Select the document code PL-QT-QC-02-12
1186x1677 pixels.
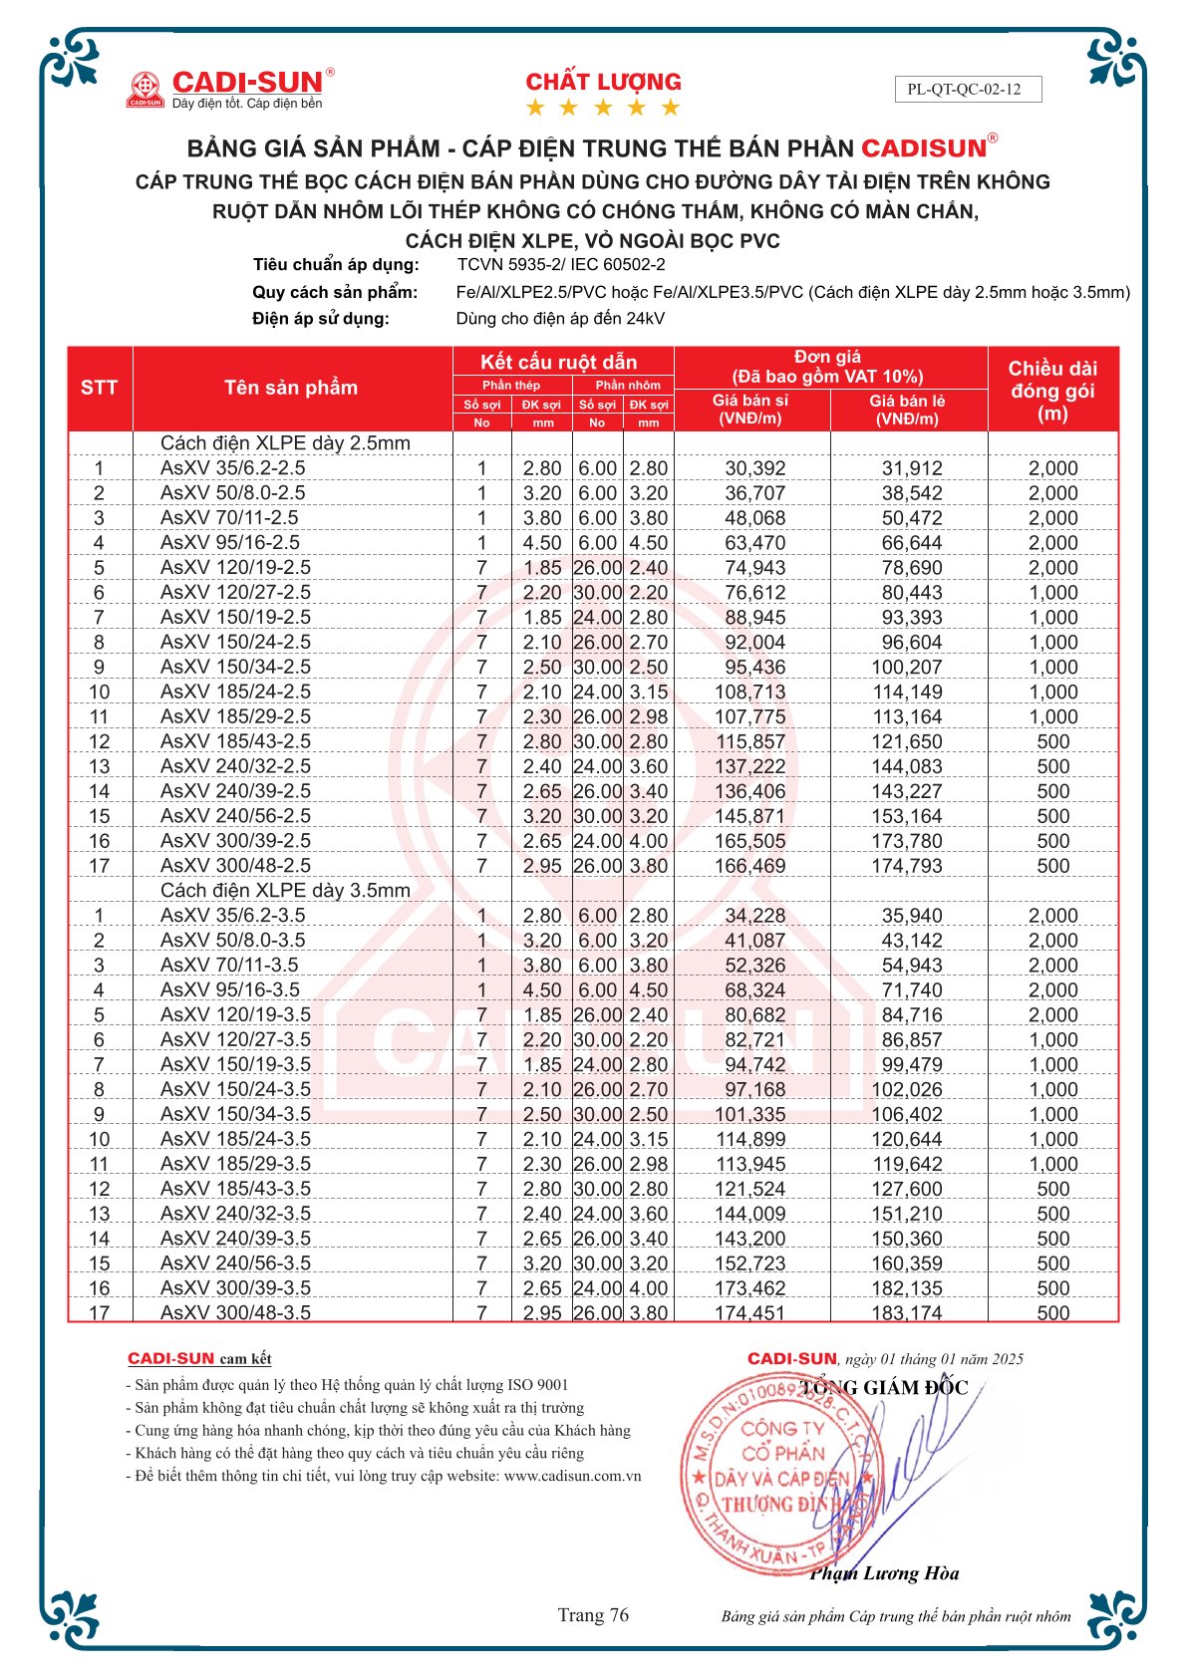964,89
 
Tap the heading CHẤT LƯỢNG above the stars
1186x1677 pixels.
603,82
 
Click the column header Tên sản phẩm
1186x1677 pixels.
291,388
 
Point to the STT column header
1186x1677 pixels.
100,388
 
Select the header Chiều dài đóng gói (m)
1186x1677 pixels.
1052,391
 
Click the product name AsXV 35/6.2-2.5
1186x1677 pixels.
233,468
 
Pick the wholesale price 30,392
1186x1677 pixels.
754,468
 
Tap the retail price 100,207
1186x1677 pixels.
907,668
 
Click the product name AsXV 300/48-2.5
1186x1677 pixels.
236,866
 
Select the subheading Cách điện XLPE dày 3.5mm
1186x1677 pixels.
285,891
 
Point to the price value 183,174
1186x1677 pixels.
907,1313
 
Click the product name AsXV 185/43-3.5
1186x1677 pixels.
236,1189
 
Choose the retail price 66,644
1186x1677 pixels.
911,543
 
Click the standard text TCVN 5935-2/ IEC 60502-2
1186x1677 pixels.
561,265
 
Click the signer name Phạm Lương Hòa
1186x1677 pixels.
884,1574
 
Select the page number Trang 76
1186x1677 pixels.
593,1615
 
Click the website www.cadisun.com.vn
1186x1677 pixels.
573,1476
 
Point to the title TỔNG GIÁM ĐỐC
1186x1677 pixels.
884,1388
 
